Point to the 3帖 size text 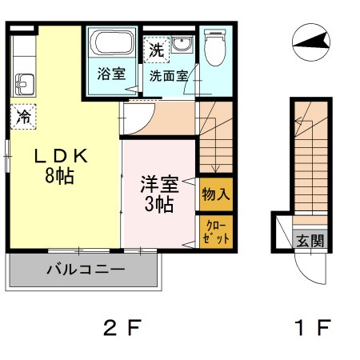(x=159, y=204)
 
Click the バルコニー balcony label (x=85, y=269)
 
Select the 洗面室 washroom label (x=168, y=77)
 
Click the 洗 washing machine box (x=156, y=50)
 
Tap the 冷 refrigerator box (x=25, y=117)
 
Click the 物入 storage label (x=216, y=194)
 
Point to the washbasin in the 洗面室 (x=183, y=46)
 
